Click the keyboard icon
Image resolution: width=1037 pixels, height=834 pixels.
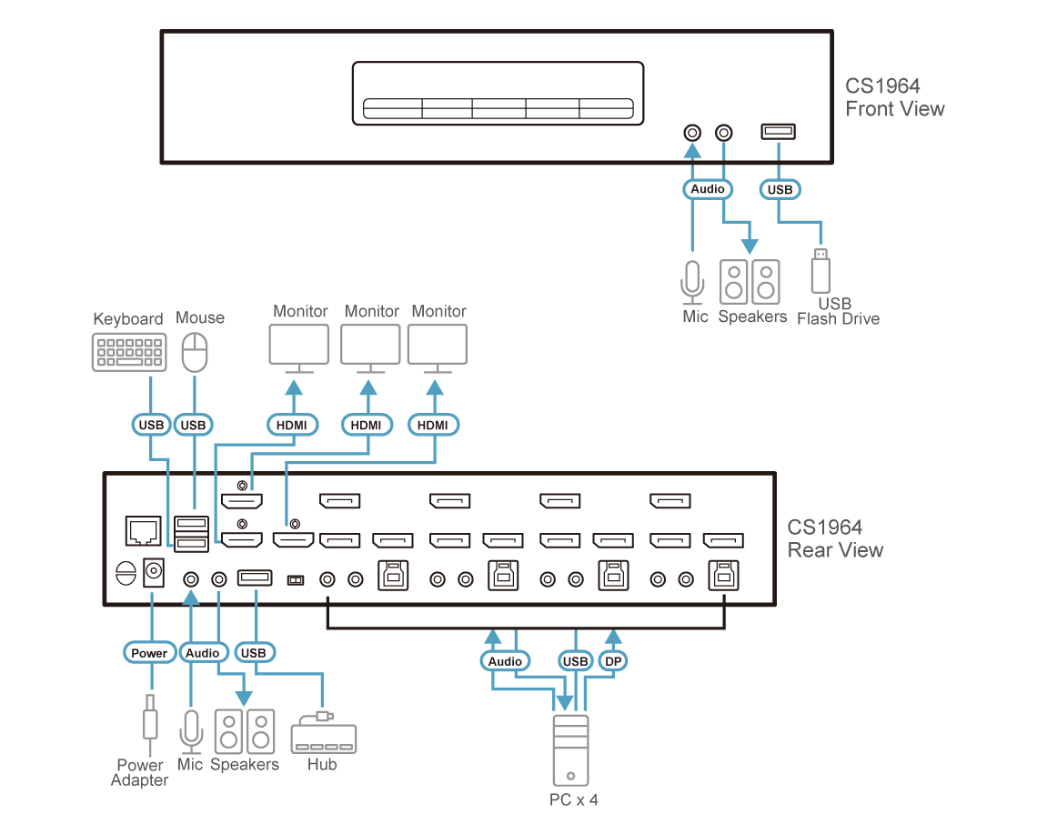tap(129, 352)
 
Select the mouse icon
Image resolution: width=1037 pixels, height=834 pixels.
tap(195, 352)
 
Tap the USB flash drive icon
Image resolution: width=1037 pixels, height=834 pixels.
tap(821, 270)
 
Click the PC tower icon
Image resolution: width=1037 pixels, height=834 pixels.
tap(570, 750)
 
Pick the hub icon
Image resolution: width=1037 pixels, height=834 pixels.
tap(324, 733)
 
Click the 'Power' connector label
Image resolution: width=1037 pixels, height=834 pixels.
tap(149, 653)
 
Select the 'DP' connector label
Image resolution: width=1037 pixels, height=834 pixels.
tap(613, 661)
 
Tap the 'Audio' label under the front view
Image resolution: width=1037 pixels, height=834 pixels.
tap(708, 189)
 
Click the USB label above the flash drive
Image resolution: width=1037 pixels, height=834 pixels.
tap(780, 190)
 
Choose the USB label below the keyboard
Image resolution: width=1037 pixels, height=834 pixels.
tap(151, 425)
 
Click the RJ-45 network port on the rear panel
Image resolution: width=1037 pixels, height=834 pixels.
tap(143, 531)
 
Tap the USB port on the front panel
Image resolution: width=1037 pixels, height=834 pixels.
tap(779, 132)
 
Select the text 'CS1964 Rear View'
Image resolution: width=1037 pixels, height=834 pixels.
tap(835, 538)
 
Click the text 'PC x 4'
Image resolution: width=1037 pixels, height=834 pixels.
tap(573, 799)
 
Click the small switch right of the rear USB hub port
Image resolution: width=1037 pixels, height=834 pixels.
tap(295, 580)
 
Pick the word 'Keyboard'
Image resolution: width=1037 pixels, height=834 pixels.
tap(127, 319)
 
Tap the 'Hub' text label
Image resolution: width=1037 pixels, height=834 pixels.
tap(322, 765)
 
